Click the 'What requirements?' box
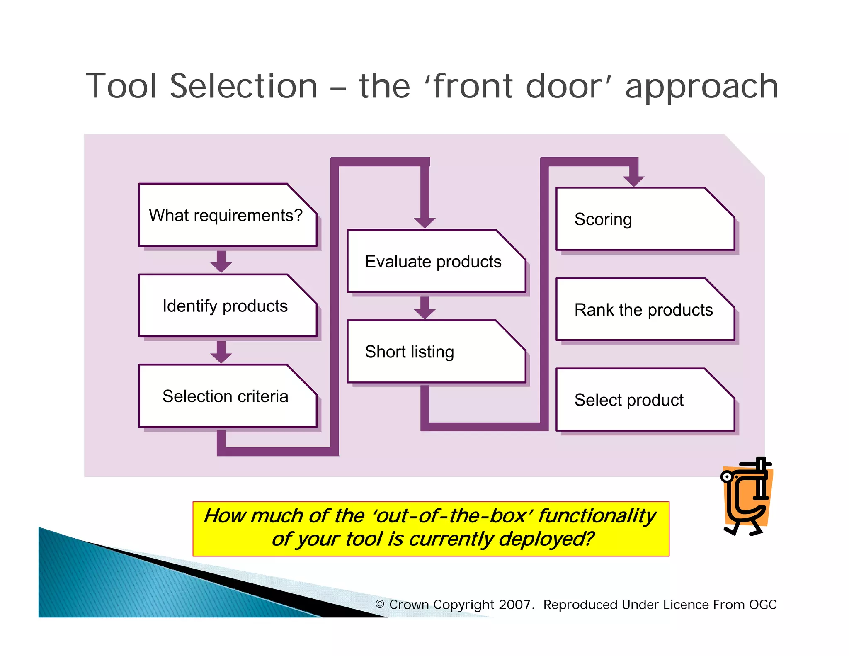click(x=227, y=215)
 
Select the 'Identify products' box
click(x=227, y=306)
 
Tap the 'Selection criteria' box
click(x=227, y=396)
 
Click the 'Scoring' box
click(x=645, y=219)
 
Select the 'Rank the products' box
click(x=645, y=309)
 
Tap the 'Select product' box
click(x=645, y=400)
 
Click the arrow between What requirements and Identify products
click(x=221, y=262)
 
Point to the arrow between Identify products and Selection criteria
click(x=221, y=352)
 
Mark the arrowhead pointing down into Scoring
click(x=633, y=180)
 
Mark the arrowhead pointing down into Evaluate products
click(x=424, y=222)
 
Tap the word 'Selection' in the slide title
click(x=244, y=86)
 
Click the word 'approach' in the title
click(x=701, y=86)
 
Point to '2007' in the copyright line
click(x=514, y=605)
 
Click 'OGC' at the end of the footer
click(x=763, y=605)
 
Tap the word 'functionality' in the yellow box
click(x=597, y=516)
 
